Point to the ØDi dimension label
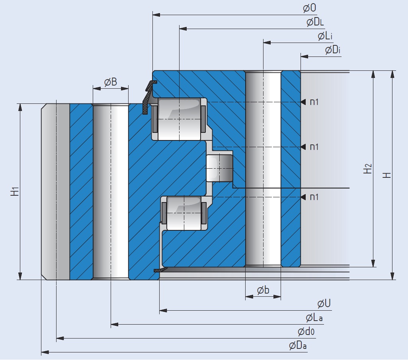pos(333,51)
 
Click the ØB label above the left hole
pos(111,82)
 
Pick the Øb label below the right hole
pos(263,291)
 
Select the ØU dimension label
pos(324,304)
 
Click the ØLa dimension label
pos(314,318)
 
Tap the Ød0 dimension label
pos(306,331)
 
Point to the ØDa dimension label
pos(298,346)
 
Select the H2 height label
pos(368,169)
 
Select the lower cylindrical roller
pos(184,213)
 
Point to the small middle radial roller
pos(219,168)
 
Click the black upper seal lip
pos(148,95)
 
